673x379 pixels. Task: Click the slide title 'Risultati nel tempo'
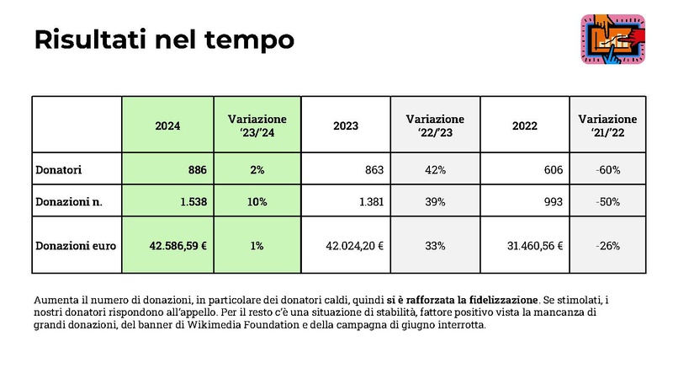[x=164, y=40]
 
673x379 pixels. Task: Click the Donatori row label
[x=58, y=170]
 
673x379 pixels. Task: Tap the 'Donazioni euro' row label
[x=75, y=246]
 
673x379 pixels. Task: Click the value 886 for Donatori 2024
[x=197, y=170]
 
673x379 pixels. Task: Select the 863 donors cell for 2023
[x=373, y=170]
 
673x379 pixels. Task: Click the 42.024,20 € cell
[x=354, y=246]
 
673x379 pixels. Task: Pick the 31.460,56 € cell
[x=533, y=246]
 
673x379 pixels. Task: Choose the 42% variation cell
[x=435, y=170]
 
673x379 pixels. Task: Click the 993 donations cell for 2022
[x=552, y=202]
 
